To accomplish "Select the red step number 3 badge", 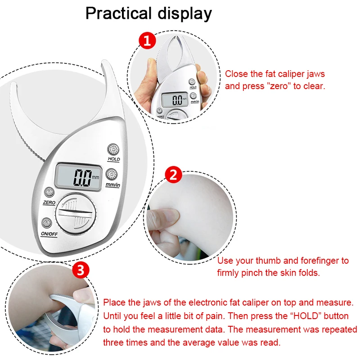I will click(80, 270).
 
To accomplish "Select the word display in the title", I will click(184, 14).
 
